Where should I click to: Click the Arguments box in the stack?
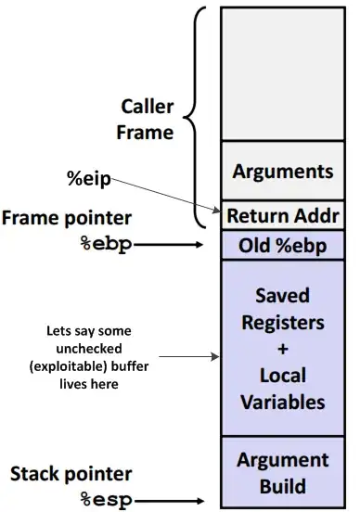282,172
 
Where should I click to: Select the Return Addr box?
282,215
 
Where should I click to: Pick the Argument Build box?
282,472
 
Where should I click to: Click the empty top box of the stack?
282,74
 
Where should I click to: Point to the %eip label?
88,178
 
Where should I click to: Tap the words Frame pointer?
67,219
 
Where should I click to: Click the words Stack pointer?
71,476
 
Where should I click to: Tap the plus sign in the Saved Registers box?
282,351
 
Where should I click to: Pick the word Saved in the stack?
282,298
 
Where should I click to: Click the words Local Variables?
282,390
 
